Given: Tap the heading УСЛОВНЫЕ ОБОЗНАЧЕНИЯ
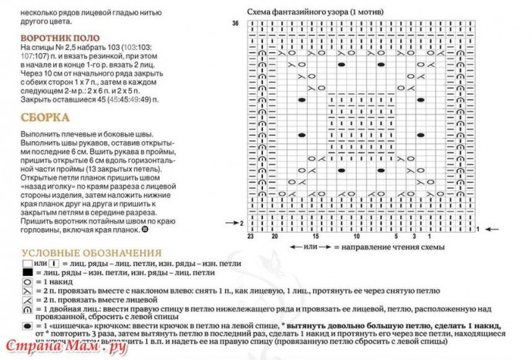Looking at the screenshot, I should pyautogui.click(x=92, y=253).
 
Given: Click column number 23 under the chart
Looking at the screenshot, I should pyautogui.click(x=251, y=237).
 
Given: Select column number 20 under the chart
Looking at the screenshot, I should pyautogui.click(x=274, y=237).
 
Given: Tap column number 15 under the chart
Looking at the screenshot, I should pyautogui.click(x=315, y=237).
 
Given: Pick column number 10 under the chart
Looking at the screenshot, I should pyautogui.click(x=356, y=237).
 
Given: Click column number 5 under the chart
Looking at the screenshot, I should pyautogui.click(x=397, y=237).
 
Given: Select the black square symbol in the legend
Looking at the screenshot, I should pyautogui.click(x=27, y=273).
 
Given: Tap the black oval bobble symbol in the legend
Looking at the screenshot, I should pyautogui.click(x=27, y=328).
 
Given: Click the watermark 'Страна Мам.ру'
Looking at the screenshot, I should pyautogui.click(x=65, y=348).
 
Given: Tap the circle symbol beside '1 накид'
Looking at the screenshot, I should pyautogui.click(x=27, y=284).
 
